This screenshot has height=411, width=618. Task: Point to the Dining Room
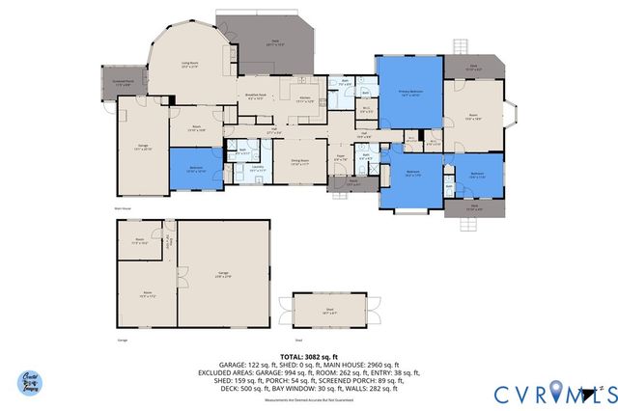(300, 162)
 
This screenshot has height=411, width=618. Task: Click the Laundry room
(258, 168)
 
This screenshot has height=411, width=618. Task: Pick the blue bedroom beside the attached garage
(196, 168)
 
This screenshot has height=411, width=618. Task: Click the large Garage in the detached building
(223, 274)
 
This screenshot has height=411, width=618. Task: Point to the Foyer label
(340, 158)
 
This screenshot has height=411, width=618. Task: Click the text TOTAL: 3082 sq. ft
(308, 355)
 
